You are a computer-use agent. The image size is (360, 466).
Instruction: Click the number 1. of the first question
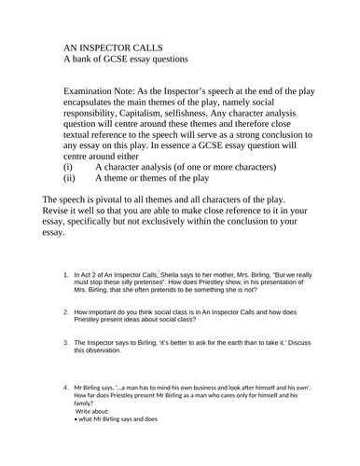coord(64,274)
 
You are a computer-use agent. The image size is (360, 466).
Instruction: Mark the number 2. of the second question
coord(64,312)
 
